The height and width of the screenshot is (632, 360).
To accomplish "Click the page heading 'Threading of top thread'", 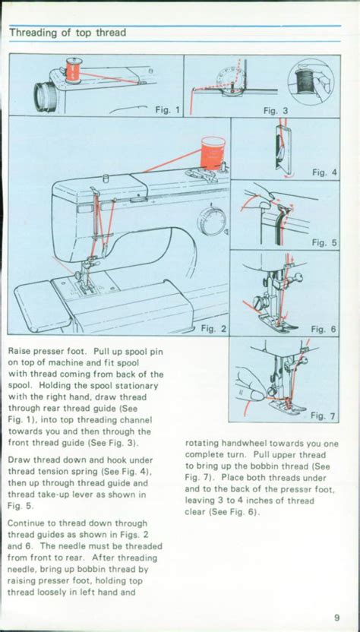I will (67, 33).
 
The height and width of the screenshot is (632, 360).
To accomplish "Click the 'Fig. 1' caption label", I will (166, 110).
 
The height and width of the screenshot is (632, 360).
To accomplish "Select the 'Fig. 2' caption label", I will (213, 328).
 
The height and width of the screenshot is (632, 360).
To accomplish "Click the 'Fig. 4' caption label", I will (324, 172).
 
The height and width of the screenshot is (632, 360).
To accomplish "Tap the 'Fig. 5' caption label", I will (324, 243).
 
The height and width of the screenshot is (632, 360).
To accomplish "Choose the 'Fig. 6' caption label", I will (324, 329).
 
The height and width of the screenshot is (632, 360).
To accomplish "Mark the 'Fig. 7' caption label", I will (324, 416).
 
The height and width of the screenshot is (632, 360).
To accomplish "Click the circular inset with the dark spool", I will (313, 81).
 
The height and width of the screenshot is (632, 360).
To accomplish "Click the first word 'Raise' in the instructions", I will (22, 352).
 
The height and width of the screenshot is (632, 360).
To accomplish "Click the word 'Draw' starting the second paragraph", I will (21, 460).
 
